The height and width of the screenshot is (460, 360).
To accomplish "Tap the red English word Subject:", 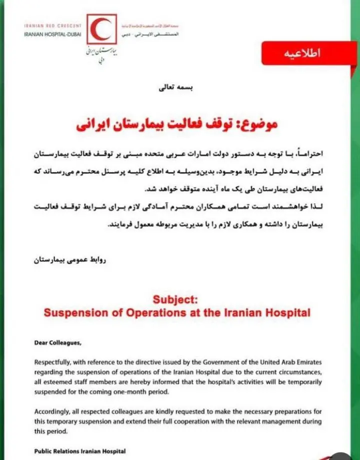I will pyautogui.click(x=177, y=300).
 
